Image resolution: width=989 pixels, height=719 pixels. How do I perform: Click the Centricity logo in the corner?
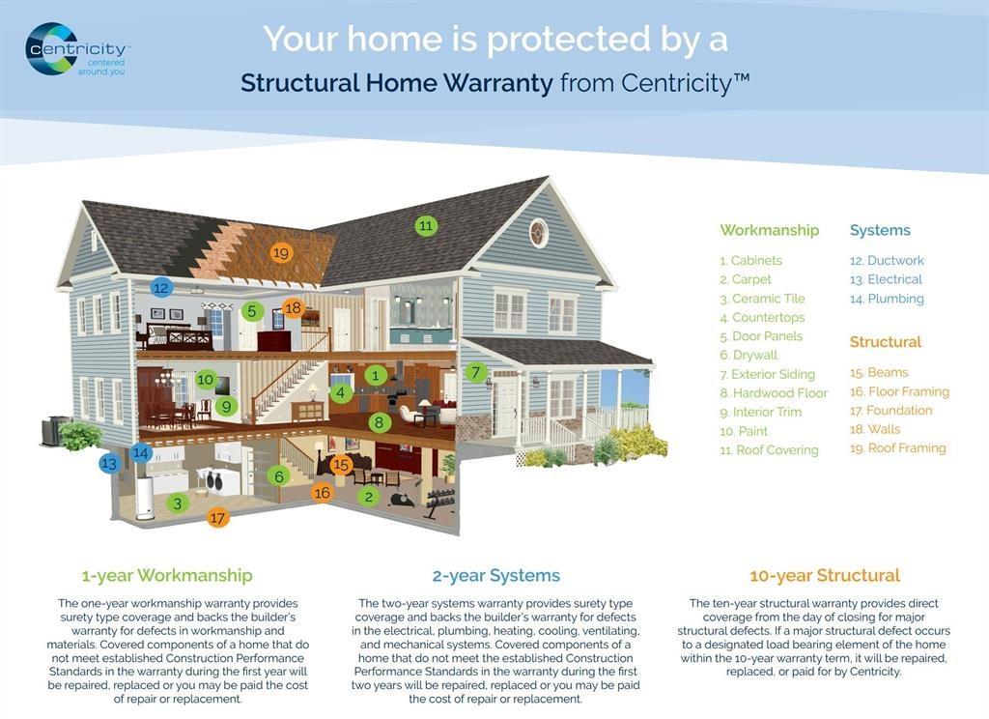point(76,50)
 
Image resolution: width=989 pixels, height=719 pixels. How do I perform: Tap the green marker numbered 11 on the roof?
point(426,225)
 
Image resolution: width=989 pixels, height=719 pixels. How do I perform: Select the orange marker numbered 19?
point(281,253)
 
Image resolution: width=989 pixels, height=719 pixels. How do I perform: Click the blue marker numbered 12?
point(161,288)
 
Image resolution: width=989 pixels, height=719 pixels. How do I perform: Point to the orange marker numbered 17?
point(217,518)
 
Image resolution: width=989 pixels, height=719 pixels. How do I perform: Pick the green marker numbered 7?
point(476,372)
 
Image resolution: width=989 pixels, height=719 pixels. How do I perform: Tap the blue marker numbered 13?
point(110,463)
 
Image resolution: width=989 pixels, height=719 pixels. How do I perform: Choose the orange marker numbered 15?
point(341,465)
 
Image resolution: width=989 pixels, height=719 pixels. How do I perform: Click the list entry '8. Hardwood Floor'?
point(774,393)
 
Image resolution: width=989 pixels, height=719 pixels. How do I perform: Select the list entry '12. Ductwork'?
point(887,261)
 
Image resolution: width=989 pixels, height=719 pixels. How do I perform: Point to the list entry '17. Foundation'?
point(890,411)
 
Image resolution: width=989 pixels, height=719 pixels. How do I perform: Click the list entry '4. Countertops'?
point(763,318)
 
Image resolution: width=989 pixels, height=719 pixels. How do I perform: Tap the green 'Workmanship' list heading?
point(770,230)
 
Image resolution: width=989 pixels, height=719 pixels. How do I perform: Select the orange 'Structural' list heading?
point(886,342)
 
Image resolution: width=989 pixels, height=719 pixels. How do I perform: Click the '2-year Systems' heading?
point(496,576)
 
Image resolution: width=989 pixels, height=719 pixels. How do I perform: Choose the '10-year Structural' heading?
point(825,576)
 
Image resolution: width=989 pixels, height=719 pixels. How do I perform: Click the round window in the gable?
point(538,233)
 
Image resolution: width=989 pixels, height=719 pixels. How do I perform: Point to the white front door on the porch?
point(505,406)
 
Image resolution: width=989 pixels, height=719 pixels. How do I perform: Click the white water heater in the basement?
point(147,498)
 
